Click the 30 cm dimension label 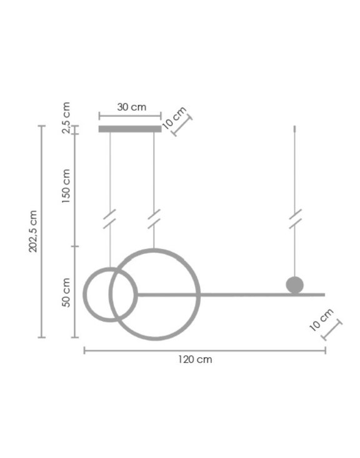[132, 107]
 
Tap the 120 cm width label [195, 359]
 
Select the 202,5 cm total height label [33, 231]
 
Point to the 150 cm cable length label [66, 186]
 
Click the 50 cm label [66, 292]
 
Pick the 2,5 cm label [66, 118]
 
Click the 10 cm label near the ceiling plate [174, 118]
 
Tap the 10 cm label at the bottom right [321, 320]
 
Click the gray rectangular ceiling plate [130, 129]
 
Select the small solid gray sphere [294, 285]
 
